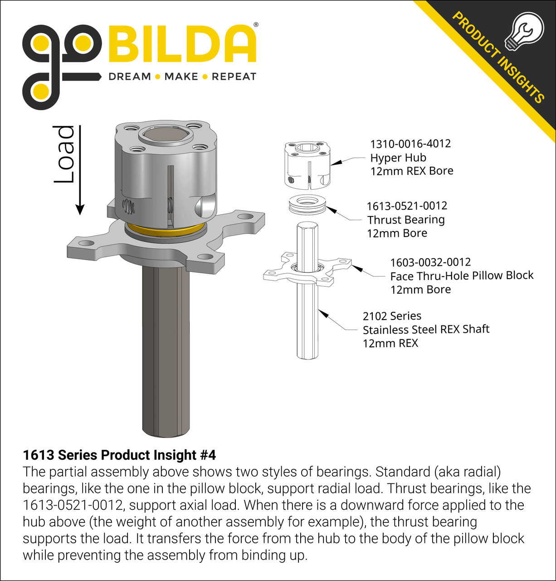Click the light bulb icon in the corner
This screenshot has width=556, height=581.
[524, 31]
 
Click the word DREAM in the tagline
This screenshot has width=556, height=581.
[130, 77]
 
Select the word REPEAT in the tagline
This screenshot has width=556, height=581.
[234, 77]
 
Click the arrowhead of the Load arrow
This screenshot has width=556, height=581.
[80, 210]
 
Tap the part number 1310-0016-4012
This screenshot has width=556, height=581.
[410, 144]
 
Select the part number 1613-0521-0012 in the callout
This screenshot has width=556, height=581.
[407, 206]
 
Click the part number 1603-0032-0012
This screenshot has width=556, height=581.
[431, 262]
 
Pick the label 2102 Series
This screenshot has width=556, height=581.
[392, 316]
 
